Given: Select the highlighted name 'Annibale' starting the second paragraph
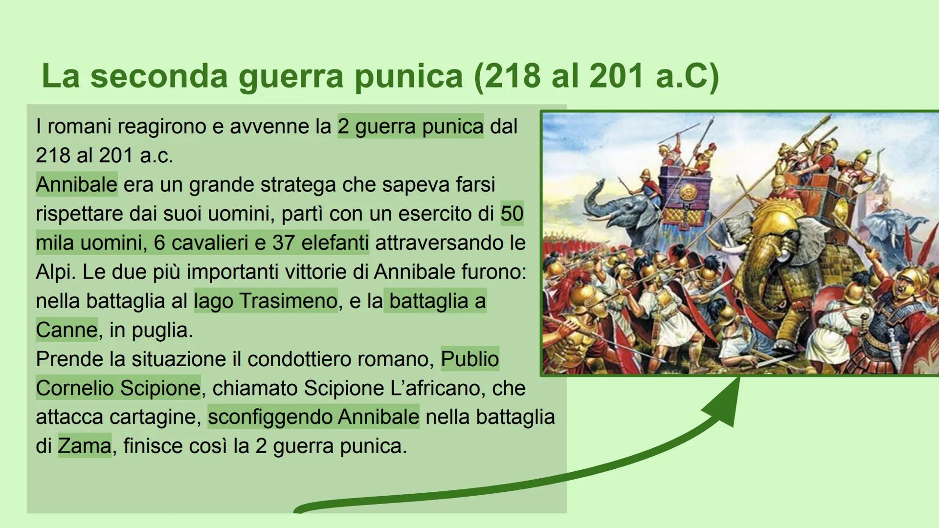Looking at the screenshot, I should click(x=76, y=184).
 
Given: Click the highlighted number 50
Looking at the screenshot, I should click(x=512, y=214).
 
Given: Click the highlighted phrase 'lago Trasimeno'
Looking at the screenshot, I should click(x=266, y=301).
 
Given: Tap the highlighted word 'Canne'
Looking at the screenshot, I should click(x=67, y=330).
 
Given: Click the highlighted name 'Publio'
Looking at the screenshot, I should click(x=469, y=359).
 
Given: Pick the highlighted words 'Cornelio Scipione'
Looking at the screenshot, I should click(x=118, y=388).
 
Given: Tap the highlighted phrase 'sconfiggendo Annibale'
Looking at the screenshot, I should click(x=313, y=417).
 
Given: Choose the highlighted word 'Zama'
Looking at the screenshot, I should click(x=85, y=446).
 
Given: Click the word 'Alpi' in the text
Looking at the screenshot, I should click(x=53, y=272).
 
